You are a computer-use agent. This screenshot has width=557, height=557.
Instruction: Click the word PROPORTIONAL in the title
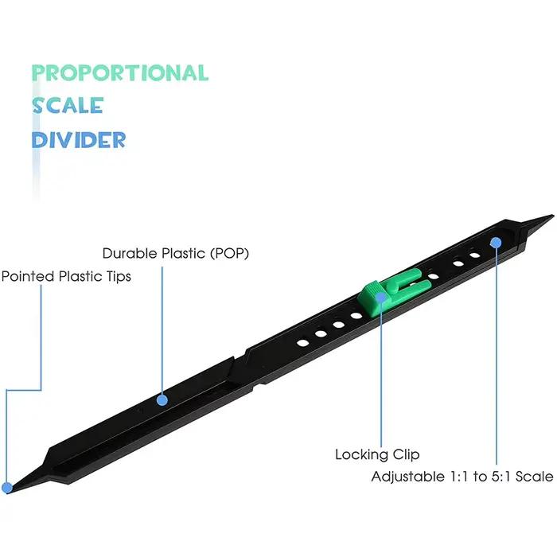[120, 73]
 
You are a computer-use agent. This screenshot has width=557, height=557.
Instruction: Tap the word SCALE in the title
[68, 106]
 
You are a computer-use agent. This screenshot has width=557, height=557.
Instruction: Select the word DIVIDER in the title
[79, 139]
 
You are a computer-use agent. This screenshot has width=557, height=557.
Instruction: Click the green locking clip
[395, 291]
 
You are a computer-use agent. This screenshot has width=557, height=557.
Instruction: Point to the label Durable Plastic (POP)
[176, 254]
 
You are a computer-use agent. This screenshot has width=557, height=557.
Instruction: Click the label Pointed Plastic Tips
[66, 276]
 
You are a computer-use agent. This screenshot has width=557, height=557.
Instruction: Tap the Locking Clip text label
[377, 454]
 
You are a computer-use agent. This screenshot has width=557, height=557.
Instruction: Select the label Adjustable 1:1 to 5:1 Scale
[462, 477]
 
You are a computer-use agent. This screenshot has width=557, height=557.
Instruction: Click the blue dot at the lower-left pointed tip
[6, 488]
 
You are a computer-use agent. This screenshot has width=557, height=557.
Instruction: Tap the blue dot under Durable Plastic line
[162, 400]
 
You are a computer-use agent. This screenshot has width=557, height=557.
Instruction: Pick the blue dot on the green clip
[381, 297]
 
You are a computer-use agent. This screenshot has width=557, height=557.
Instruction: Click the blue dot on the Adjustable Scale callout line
[496, 243]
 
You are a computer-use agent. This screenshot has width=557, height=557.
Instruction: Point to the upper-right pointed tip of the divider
[553, 216]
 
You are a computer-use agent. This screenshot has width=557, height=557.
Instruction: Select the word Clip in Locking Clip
[406, 454]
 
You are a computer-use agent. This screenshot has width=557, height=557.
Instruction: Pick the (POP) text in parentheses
[229, 254]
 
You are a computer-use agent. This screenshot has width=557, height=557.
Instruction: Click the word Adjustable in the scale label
[407, 477]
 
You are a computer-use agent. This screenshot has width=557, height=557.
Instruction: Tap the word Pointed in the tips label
[28, 276]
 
